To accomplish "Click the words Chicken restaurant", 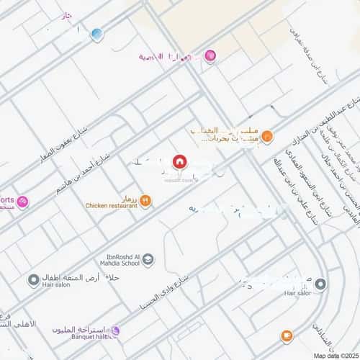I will coord(111,206).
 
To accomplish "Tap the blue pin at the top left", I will coord(97,34).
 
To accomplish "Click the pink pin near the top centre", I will coord(210,55).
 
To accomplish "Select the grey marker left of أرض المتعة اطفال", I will coord(33,279).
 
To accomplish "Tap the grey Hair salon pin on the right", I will coord(320,284).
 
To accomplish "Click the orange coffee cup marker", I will coord(286,336).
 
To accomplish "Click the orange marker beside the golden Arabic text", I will coord(267,135).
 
